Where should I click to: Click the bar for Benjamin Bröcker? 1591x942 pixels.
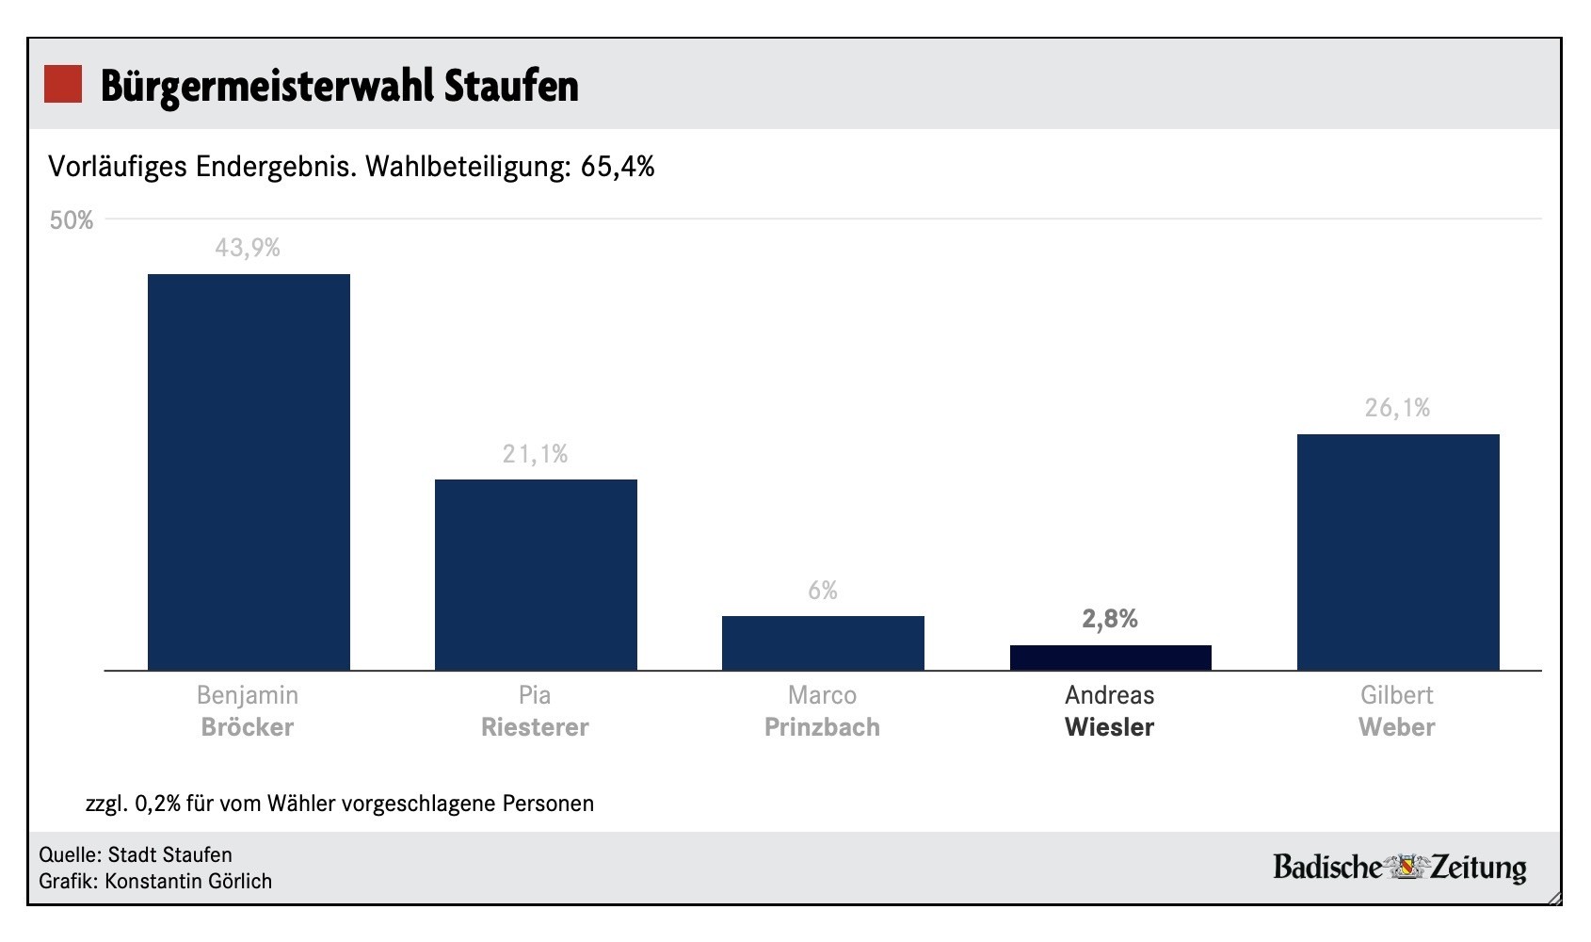pos(249,472)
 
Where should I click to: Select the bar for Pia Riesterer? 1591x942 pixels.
pos(536,575)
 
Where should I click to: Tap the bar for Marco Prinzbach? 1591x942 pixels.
pos(823,643)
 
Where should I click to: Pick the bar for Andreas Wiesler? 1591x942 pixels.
pos(1110,658)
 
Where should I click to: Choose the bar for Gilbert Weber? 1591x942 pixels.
pos(1398,552)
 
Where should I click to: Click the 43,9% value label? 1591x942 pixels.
pos(248,248)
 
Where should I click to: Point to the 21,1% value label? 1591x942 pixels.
pos(535,454)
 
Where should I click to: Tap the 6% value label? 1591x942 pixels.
pos(822,591)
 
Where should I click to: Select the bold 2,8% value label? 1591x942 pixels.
pos(1110,619)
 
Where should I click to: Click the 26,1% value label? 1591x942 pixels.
pos(1397,408)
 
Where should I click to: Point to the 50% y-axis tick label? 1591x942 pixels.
pos(72,220)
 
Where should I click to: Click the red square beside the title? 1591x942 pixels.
pos(63,84)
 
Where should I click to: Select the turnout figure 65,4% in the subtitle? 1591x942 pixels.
pos(618,167)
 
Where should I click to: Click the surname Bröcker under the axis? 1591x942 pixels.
pos(248,727)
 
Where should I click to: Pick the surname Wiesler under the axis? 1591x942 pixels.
pos(1109,727)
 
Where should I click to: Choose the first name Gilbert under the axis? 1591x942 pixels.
pos(1396,695)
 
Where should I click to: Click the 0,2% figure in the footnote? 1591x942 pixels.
pos(157,804)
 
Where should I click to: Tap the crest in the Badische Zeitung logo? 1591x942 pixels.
pos(1406,867)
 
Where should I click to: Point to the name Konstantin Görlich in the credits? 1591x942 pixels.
pos(188,882)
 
